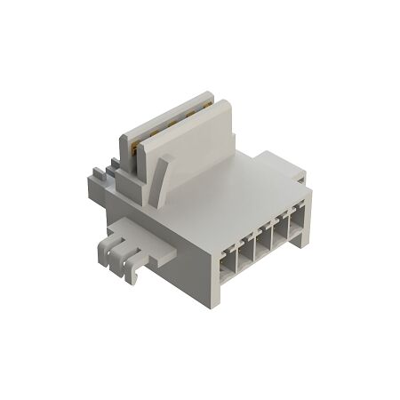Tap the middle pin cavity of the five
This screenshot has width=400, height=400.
[x=262, y=249]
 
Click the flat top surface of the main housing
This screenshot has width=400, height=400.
[x=222, y=191]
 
